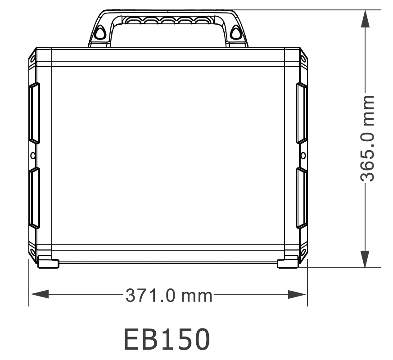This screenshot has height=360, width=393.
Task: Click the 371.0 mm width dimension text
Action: click(x=168, y=296)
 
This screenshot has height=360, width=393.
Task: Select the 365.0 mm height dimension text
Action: click(x=369, y=138)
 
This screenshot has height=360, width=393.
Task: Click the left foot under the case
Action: click(x=48, y=263)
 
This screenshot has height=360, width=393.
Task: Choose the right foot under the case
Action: click(x=288, y=263)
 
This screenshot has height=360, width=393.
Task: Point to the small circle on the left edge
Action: click(x=33, y=155)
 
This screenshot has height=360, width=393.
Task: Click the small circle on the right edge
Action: click(x=303, y=155)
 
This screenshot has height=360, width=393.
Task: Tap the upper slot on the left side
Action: click(x=35, y=113)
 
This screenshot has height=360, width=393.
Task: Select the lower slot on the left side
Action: click(x=35, y=198)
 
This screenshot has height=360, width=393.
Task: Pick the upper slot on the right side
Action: click(x=302, y=113)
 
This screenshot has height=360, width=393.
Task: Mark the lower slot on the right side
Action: click(x=302, y=198)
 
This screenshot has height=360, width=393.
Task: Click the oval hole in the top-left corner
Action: click(x=32, y=58)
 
